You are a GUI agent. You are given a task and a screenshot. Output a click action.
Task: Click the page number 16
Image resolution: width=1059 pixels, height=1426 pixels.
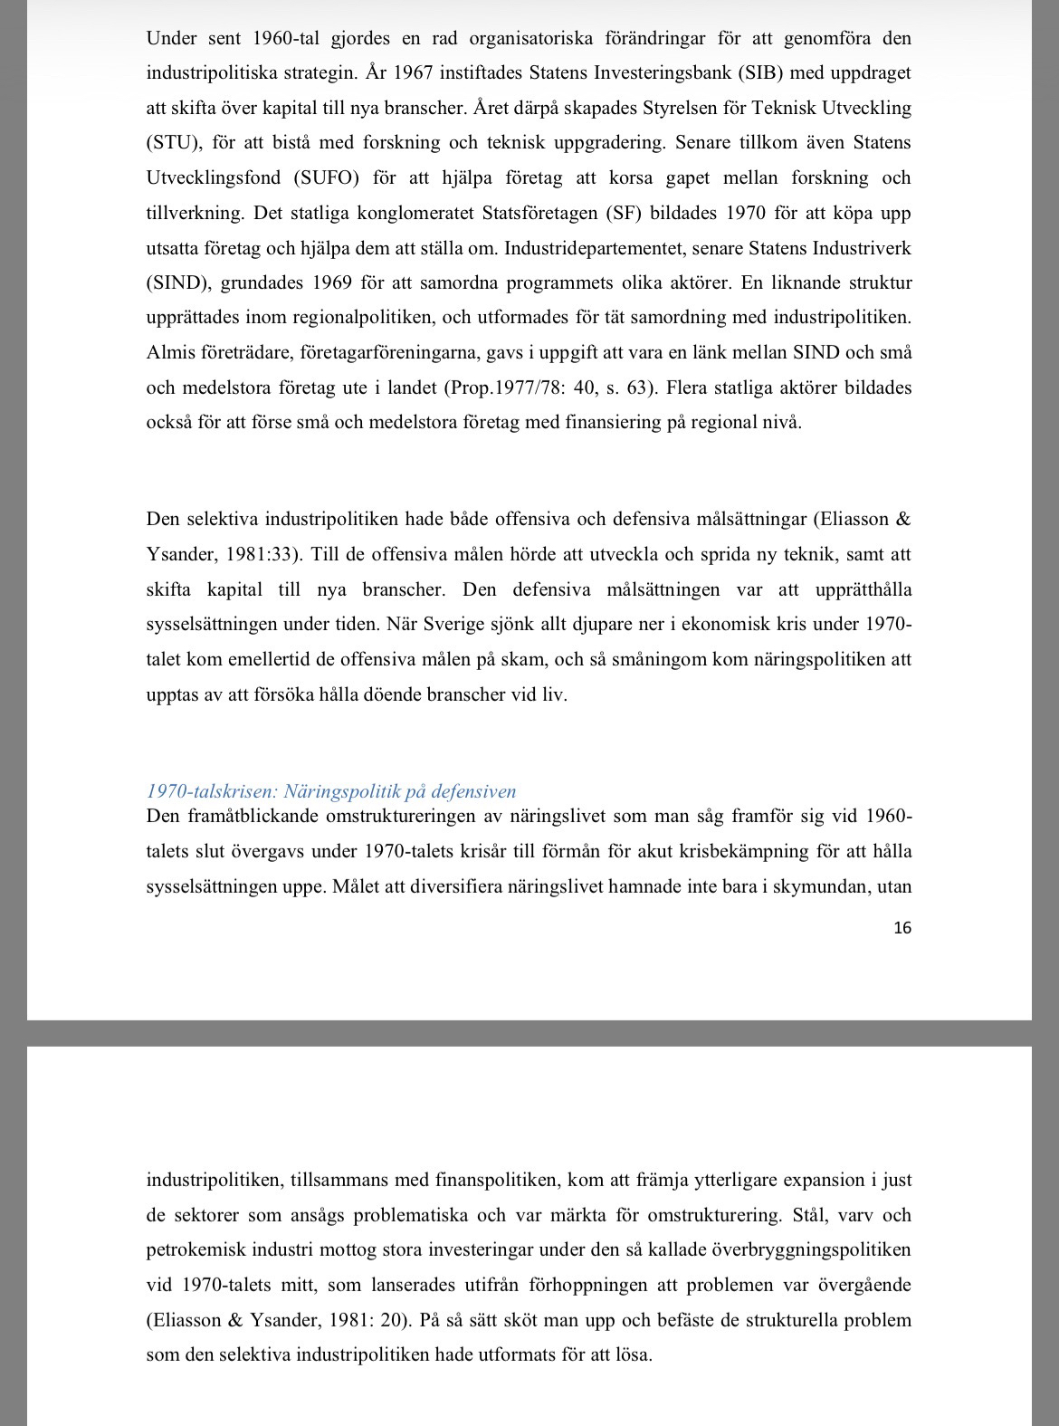pyautogui.click(x=902, y=928)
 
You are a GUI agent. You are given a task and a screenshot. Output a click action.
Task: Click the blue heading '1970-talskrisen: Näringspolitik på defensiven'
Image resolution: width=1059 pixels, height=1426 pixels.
pyautogui.click(x=331, y=791)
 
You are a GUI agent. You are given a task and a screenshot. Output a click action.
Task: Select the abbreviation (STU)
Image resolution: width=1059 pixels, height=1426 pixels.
pyautogui.click(x=169, y=143)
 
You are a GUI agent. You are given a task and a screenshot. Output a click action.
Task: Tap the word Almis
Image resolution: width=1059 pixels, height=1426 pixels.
pyautogui.click(x=171, y=353)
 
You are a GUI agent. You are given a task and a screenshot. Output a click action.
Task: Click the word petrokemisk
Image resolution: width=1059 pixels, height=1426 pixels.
pyautogui.click(x=197, y=1250)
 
